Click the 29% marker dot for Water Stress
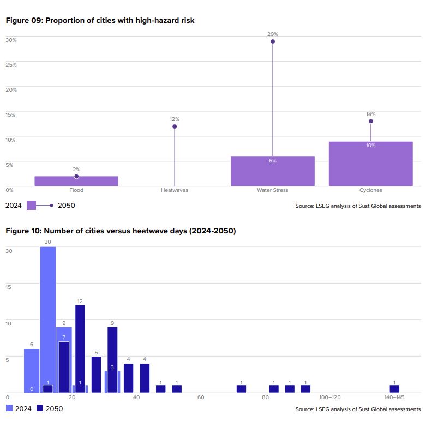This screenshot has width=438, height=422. tap(273, 41)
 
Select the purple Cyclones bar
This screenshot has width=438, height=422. tap(370, 164)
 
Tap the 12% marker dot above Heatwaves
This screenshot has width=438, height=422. tap(175, 126)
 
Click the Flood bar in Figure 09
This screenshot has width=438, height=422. tap(76, 181)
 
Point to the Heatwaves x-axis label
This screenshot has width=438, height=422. tap(175, 190)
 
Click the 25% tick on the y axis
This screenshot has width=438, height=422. tap(11, 64)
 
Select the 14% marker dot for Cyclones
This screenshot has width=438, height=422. tap(371, 121)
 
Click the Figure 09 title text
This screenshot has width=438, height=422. tap(100, 21)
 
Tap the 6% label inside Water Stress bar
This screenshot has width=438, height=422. tap(273, 160)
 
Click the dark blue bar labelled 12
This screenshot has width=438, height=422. tap(80, 349)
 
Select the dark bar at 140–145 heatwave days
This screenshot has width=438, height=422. tap(394, 389)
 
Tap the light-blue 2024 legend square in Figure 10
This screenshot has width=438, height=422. tap(9, 408)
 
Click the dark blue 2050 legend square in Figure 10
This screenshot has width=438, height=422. tap(40, 408)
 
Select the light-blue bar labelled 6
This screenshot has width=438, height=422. tap(32, 371)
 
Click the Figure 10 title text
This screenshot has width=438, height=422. tap(121, 231)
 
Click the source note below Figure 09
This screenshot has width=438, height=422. tap(358, 206)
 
